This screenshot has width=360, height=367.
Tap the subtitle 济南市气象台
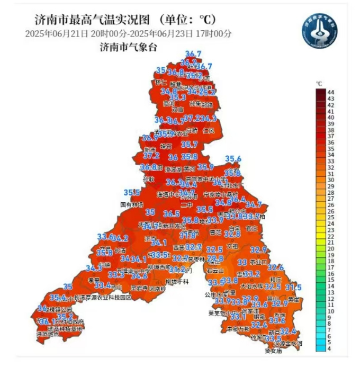129,47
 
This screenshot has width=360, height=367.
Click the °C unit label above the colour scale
319,83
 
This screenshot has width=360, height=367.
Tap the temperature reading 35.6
233,158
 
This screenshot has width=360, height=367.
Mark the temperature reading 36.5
172,214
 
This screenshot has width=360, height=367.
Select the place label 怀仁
161,83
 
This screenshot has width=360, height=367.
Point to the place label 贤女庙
274,351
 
